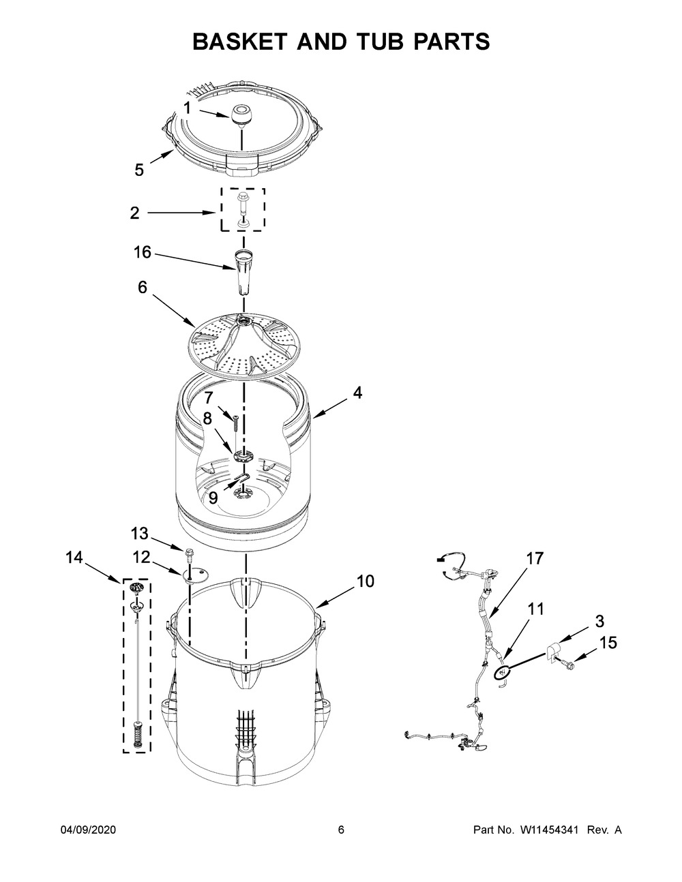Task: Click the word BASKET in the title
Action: tap(240, 42)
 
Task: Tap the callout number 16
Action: tap(143, 252)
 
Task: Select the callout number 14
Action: tap(74, 558)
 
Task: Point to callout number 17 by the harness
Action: tap(535, 558)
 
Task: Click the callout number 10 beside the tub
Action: tap(366, 581)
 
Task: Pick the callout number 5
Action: tap(139, 170)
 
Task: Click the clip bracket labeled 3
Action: tap(552, 652)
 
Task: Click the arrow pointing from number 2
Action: tap(181, 212)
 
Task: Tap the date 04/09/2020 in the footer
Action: tap(88, 830)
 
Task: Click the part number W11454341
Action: tap(549, 830)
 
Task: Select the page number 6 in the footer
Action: tap(341, 830)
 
